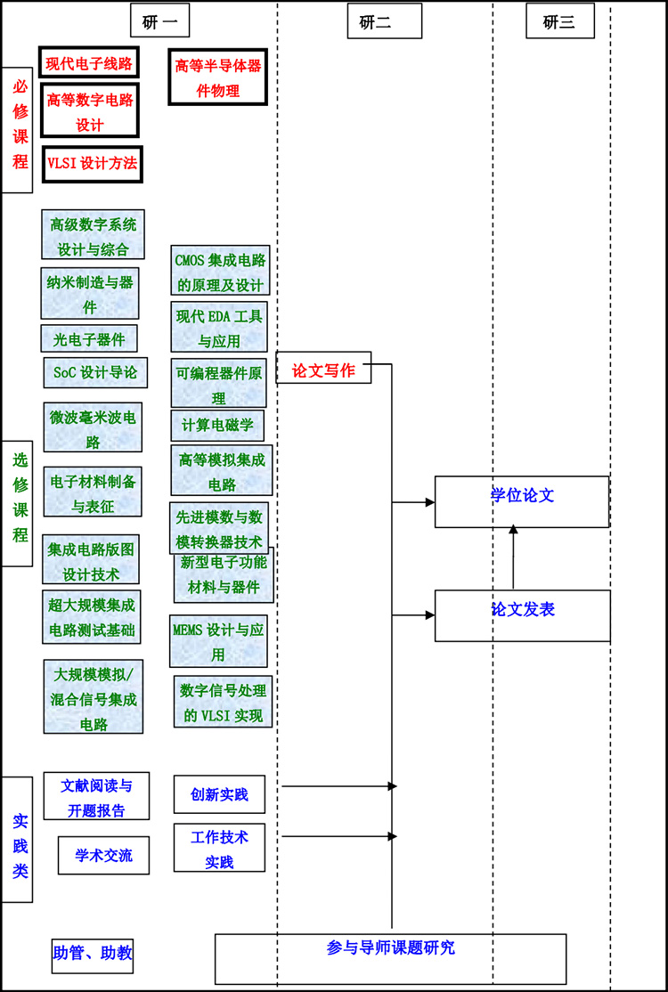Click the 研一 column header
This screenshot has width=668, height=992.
point(159,21)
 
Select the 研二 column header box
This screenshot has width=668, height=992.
point(384,21)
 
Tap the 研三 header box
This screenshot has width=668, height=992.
point(559,21)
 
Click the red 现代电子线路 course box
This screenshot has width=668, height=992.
point(89,62)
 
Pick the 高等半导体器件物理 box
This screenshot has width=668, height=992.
point(218,77)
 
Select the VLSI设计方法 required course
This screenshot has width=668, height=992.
point(93,163)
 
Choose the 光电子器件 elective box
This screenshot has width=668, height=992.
point(89,338)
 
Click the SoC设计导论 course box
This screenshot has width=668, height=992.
point(95,372)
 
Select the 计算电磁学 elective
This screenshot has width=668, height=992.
point(217,425)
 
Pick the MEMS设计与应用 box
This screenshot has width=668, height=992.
point(218,640)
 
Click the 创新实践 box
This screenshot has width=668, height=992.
point(219,794)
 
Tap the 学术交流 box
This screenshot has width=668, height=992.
point(103,855)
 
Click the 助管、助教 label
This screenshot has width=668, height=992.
point(93,953)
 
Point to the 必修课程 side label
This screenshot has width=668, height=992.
point(18,129)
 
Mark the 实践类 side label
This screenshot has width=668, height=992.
point(18,839)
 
